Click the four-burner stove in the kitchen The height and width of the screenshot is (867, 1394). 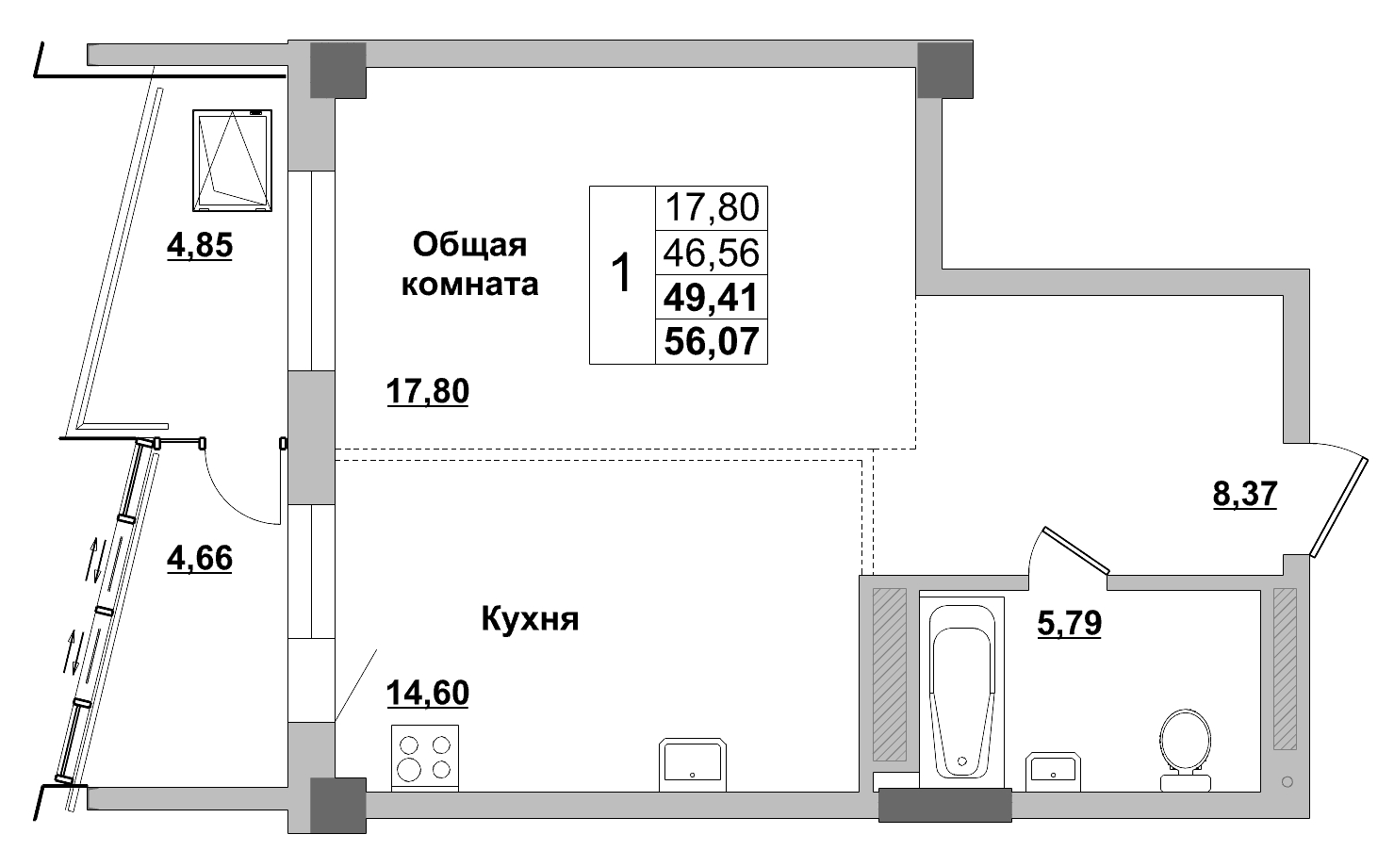pos(425,758)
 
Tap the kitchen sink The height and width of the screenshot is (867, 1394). pos(693,764)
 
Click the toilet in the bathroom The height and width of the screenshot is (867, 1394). pos(1186,750)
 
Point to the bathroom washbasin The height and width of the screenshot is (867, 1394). pos(1053,771)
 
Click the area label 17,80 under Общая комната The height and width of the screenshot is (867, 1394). pos(428,391)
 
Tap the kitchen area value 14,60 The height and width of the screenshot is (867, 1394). pos(428,692)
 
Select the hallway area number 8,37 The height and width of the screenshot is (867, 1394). pos(1245,494)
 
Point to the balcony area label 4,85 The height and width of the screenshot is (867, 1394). pos(200,245)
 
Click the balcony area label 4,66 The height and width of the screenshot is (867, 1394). pos(200,558)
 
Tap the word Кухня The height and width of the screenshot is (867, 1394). pos(531,618)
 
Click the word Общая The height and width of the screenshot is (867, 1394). pos(470,245)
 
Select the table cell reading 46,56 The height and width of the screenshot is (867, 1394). pos(712,252)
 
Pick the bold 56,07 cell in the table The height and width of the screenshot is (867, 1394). pos(712,341)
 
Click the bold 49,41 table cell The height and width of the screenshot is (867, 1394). pos(712,297)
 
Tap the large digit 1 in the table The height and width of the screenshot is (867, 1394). pos(622,272)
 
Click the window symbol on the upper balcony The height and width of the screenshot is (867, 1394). pos(232,160)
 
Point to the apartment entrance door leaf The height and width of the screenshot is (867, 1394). pos(1338,507)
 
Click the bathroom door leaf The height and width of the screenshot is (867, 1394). pos(1076,550)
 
